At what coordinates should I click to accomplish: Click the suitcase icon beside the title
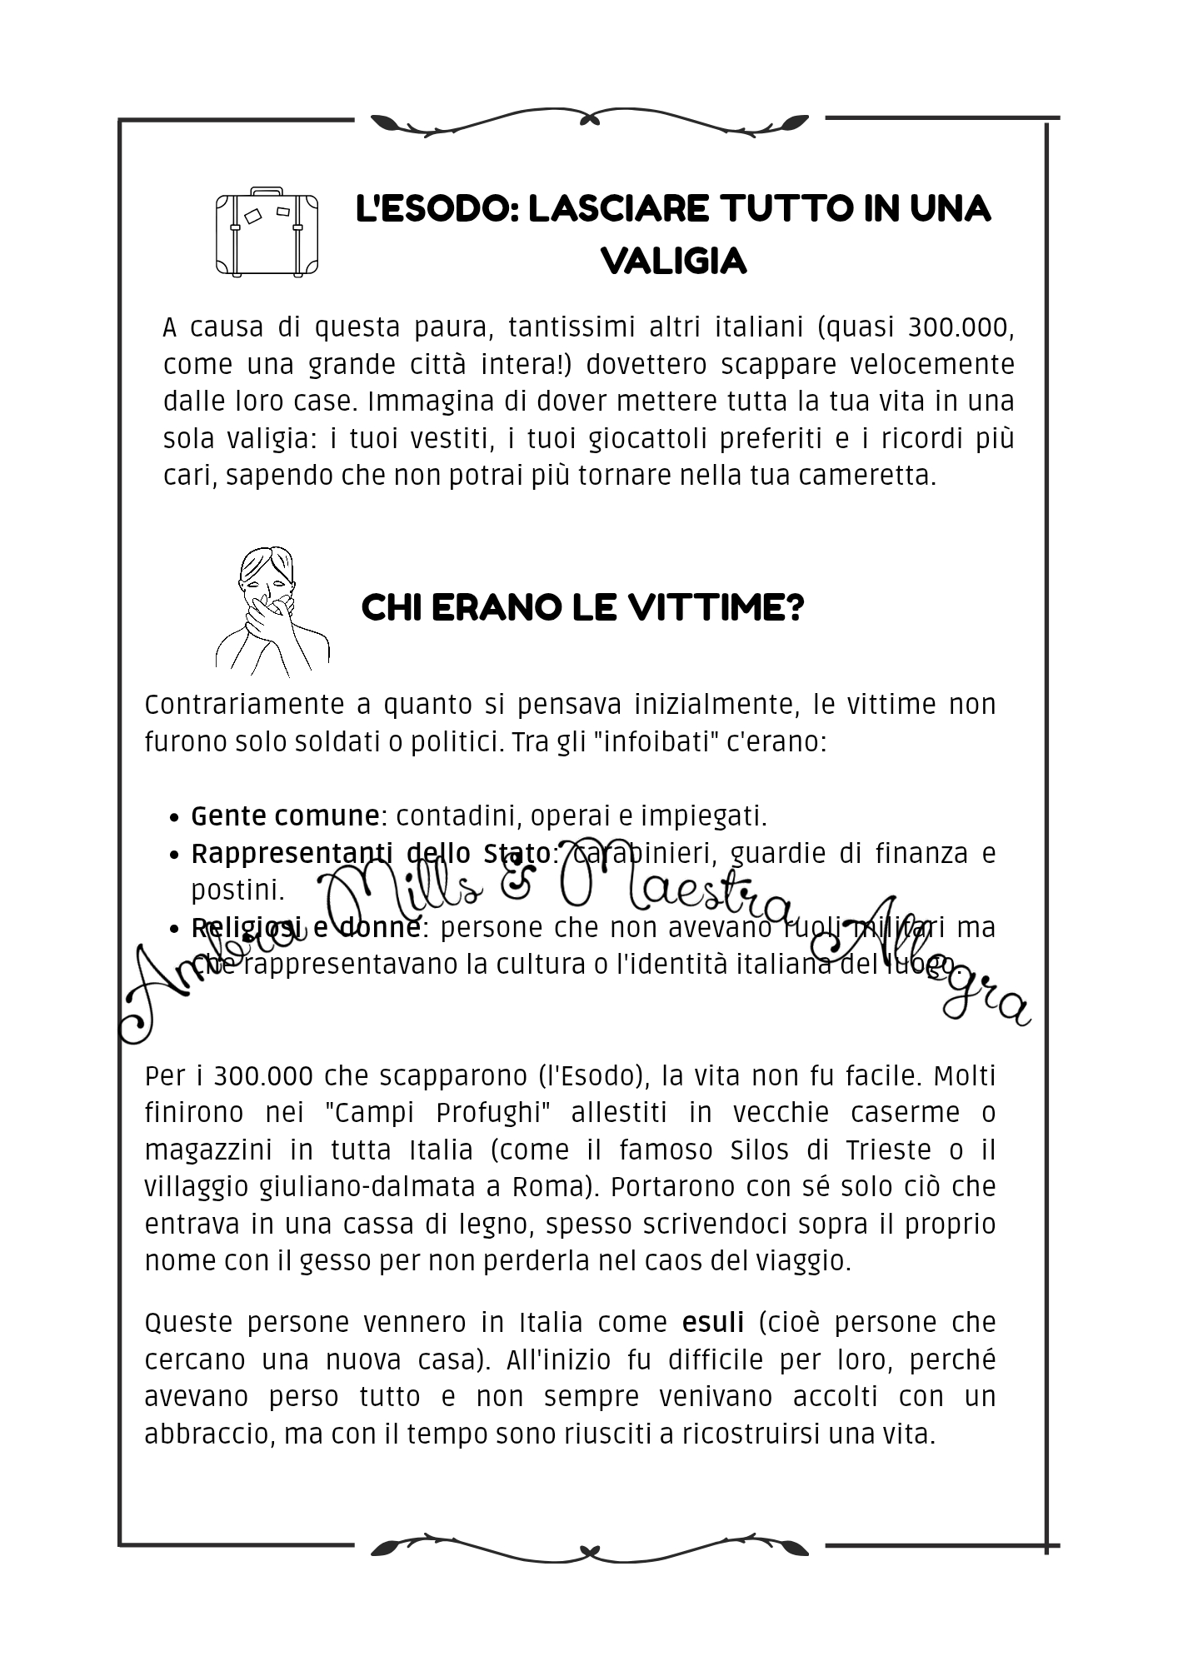pyautogui.click(x=267, y=232)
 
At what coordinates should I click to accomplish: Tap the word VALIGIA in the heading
pyautogui.click(x=673, y=262)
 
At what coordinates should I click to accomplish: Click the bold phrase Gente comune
pyautogui.click(x=285, y=816)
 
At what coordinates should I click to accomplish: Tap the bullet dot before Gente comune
pyautogui.click(x=174, y=818)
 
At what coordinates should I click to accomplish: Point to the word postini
pyautogui.click(x=237, y=890)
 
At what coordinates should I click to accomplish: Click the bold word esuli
pyautogui.click(x=712, y=1323)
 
